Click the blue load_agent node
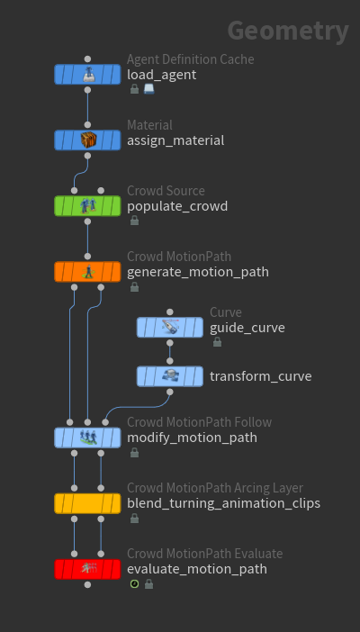tap(87, 75)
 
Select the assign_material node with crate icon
tap(87, 140)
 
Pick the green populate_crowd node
tap(87, 206)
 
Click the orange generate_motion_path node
tap(87, 272)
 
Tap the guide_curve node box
tap(170, 328)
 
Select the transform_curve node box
tap(170, 376)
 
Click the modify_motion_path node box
tap(87, 438)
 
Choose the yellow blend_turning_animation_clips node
tap(87, 503)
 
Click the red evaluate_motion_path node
tap(87, 569)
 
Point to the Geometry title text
tap(288, 31)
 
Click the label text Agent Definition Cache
tap(190, 59)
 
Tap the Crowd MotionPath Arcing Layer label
tap(215, 488)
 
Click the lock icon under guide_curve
tap(217, 342)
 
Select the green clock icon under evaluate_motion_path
tap(135, 583)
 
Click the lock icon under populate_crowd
tap(135, 221)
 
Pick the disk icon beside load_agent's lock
tap(148, 89)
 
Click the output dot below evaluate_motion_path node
tap(87, 585)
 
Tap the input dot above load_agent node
tap(87, 59)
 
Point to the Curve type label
tap(226, 312)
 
